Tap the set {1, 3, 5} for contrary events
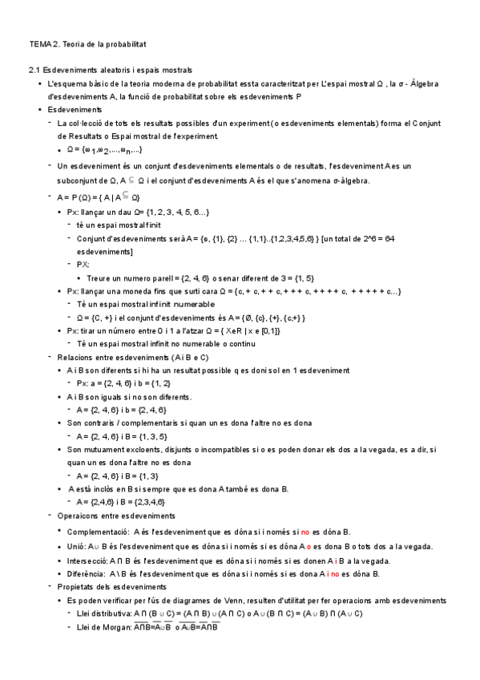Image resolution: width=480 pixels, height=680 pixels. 151,435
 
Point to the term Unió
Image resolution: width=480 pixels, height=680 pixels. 78,546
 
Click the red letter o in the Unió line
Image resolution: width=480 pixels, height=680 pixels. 308,546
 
